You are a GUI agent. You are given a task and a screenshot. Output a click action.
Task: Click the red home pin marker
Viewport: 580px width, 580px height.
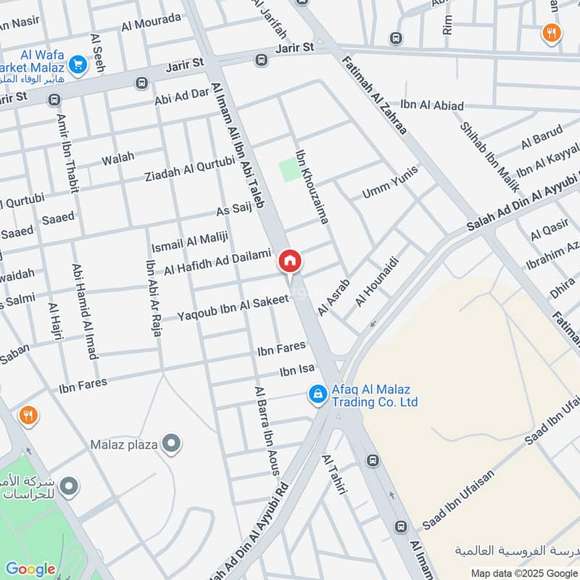click(290, 261)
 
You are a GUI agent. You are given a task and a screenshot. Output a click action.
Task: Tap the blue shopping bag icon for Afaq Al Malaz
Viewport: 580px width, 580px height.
click(317, 394)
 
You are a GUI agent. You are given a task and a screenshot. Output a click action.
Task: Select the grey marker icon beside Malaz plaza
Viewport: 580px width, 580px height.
click(171, 443)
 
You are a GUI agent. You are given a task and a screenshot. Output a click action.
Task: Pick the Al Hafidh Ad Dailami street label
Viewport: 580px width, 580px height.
click(217, 261)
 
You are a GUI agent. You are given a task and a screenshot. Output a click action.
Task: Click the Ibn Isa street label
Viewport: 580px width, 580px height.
click(297, 371)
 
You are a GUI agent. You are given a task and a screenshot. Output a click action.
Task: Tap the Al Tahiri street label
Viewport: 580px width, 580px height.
click(335, 475)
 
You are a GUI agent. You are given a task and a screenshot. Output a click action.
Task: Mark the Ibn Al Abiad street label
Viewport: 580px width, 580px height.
click(431, 106)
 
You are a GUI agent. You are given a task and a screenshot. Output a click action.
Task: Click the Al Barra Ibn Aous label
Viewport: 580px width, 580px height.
click(266, 430)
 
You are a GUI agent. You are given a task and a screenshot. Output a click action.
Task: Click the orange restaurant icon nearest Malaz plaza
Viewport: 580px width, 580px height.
click(28, 415)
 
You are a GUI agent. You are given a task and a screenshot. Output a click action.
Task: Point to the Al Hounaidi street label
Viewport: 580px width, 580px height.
click(377, 281)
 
